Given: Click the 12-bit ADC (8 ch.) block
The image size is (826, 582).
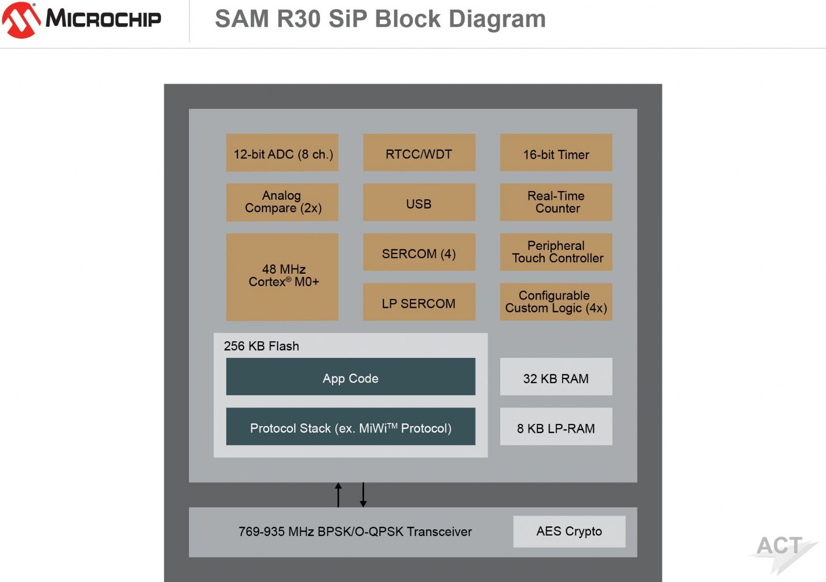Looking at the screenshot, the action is (x=282, y=152).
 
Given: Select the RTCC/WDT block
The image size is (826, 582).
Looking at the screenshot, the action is (x=419, y=152).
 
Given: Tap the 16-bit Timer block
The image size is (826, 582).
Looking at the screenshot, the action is (x=556, y=152).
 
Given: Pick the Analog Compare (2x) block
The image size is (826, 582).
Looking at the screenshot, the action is (x=282, y=202).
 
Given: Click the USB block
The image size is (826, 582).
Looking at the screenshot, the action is (x=419, y=202).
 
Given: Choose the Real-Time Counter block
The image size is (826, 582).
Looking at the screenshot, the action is (x=556, y=202).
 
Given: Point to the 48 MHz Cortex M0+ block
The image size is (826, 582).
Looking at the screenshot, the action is (x=282, y=277).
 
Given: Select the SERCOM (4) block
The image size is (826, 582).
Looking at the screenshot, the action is (x=419, y=252).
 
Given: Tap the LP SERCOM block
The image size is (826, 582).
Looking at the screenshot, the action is (x=419, y=302).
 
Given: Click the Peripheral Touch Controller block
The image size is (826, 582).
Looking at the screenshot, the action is (x=556, y=252).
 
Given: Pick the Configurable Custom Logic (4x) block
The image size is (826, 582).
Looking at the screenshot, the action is (x=556, y=302).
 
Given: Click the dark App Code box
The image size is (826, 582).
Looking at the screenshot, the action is (x=351, y=376).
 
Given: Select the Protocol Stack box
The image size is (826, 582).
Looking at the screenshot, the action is (x=351, y=427).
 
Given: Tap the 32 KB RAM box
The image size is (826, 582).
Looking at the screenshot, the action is (x=556, y=376).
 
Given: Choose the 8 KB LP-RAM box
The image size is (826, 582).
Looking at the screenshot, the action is (x=556, y=427).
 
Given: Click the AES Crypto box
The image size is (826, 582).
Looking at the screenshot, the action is (x=569, y=531).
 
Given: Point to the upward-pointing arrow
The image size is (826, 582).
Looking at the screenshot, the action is (x=338, y=495).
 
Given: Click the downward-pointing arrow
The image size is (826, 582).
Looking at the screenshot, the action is (x=363, y=495).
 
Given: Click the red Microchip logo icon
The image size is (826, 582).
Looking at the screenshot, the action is (x=21, y=20).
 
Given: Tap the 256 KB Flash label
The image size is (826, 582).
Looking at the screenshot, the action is (x=261, y=346).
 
